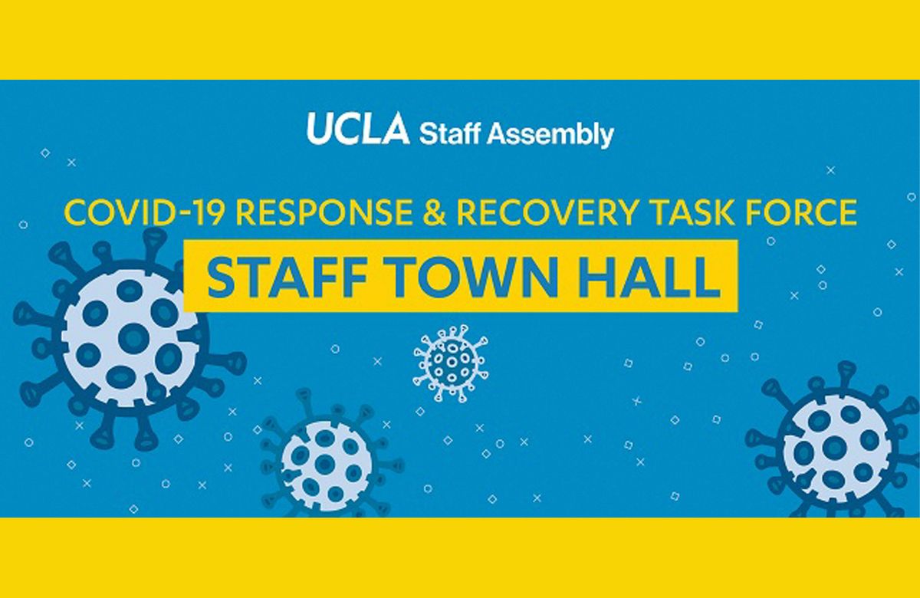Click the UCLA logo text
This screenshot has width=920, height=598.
pyautogui.click(x=358, y=130)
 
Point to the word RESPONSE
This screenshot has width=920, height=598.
pyautogui.click(x=322, y=212)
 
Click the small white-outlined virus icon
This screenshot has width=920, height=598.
pyautogui.click(x=450, y=360)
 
